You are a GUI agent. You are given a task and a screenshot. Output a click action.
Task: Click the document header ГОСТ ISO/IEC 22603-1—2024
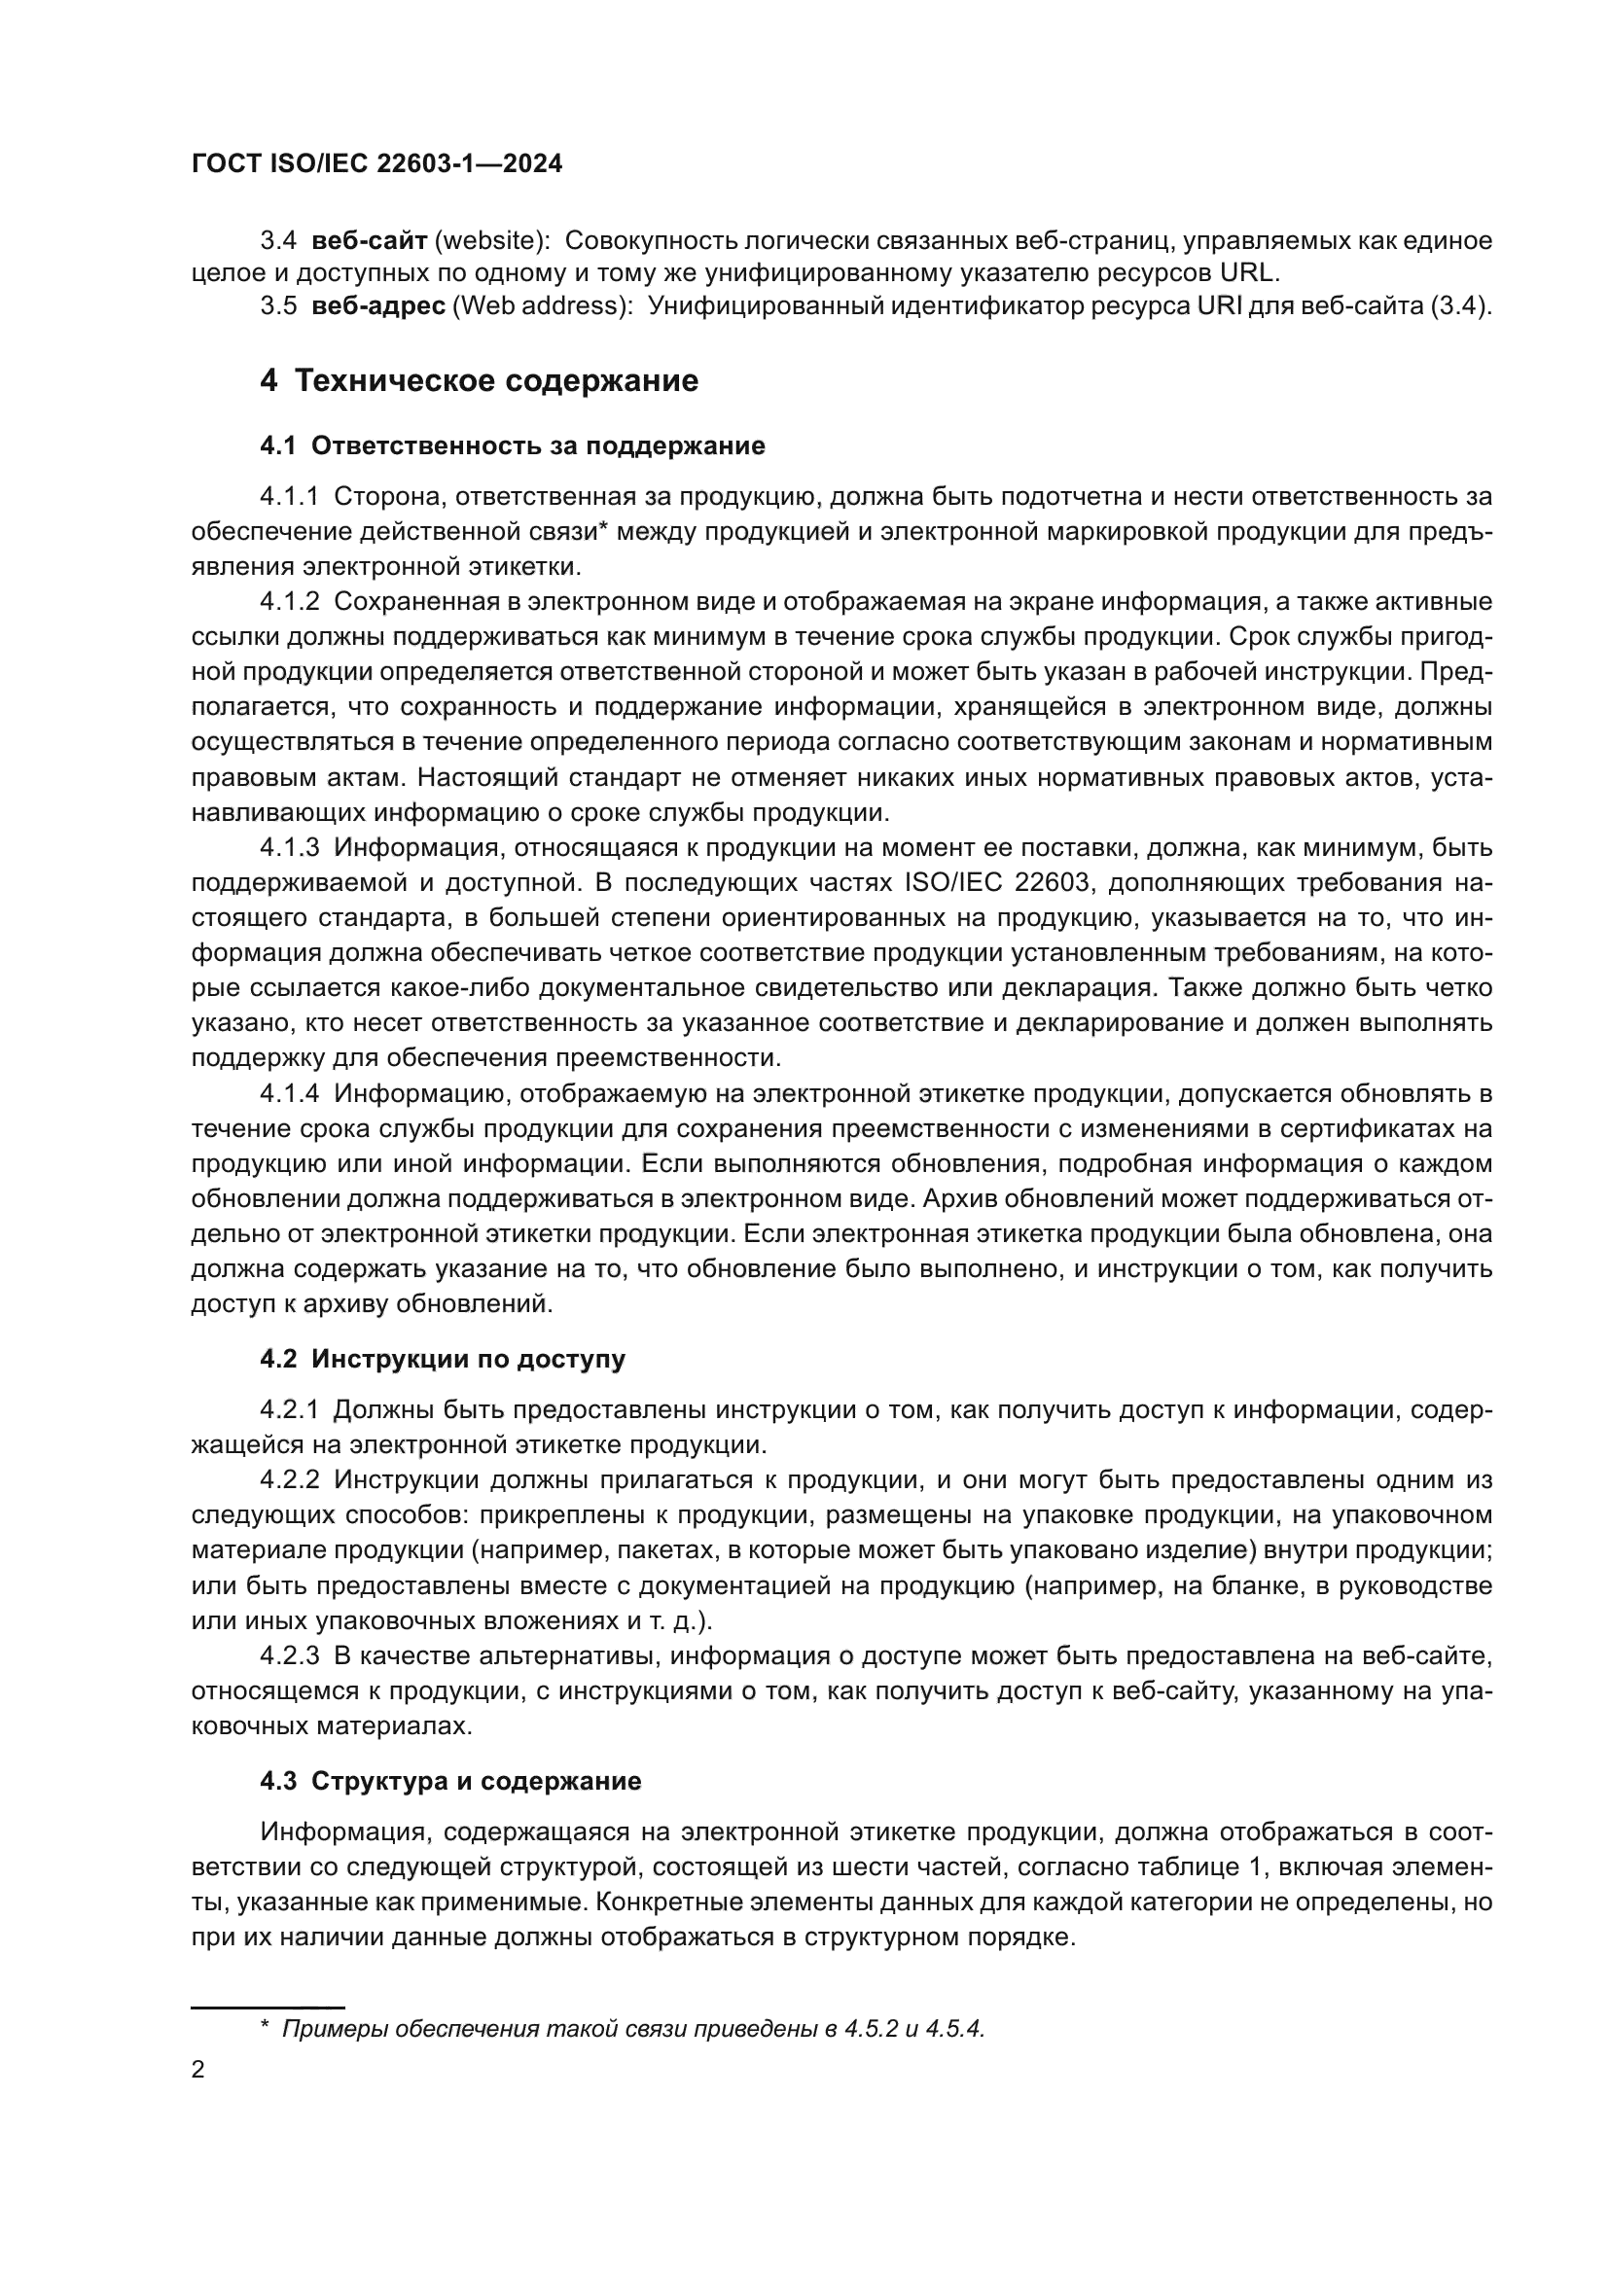tap(376, 163)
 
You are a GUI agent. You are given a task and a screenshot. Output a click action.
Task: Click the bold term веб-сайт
tap(369, 241)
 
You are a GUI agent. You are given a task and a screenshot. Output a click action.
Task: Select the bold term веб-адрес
tap(377, 306)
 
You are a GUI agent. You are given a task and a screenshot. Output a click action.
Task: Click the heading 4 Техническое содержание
tap(479, 380)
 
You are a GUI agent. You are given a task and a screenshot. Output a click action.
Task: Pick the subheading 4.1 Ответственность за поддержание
tap(513, 445)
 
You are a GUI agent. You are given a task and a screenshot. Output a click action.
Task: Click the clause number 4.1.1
tap(289, 496)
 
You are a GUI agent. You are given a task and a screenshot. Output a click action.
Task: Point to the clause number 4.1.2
tap(289, 601)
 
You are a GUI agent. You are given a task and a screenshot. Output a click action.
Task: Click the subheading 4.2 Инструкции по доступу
tap(442, 1359)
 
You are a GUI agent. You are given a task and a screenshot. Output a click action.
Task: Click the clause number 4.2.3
tap(289, 1655)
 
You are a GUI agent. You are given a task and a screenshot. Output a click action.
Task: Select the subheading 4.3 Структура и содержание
tap(450, 1781)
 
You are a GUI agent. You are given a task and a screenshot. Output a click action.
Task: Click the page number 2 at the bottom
tap(198, 2070)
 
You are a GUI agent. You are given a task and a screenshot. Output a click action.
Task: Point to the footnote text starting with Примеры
tap(634, 2028)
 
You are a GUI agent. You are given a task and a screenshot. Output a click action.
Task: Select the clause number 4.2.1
tap(289, 1409)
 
